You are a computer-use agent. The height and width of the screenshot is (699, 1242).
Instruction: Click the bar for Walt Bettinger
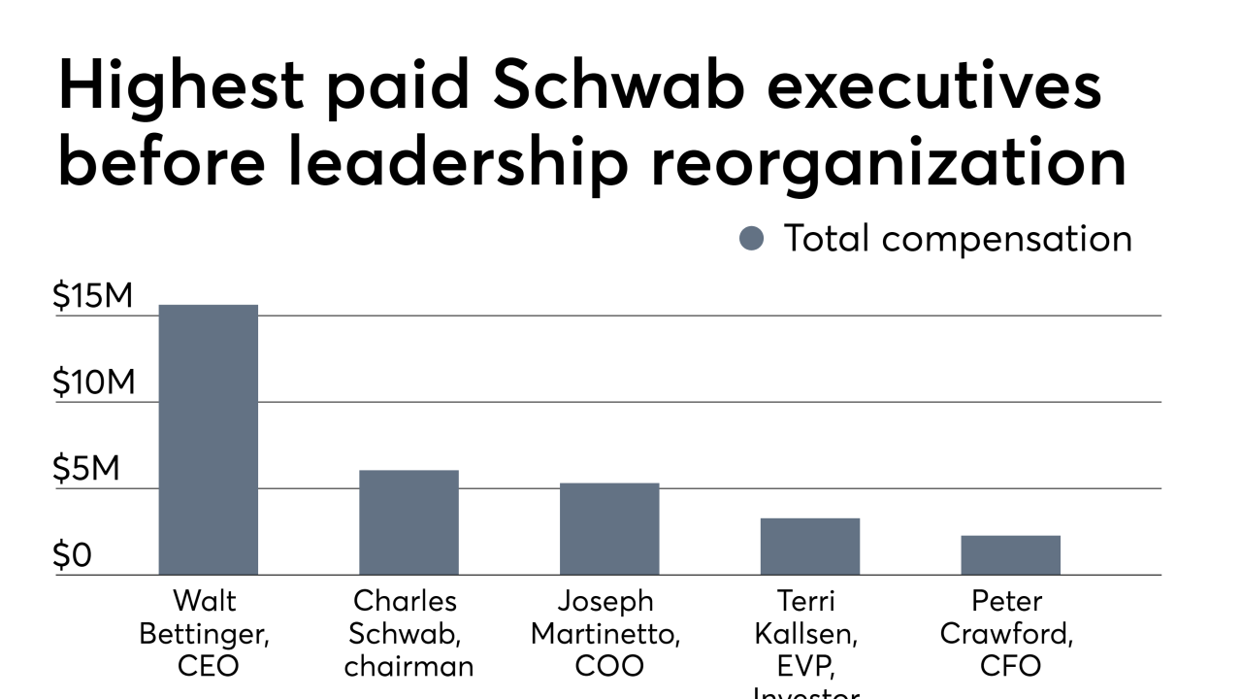[209, 440]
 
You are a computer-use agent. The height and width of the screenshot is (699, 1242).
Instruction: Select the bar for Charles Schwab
[409, 522]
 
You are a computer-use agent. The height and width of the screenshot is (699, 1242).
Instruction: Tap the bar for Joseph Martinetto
[609, 529]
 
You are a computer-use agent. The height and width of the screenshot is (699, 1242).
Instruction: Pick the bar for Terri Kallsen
[809, 547]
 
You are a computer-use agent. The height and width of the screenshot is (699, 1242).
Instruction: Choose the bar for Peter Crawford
[1010, 555]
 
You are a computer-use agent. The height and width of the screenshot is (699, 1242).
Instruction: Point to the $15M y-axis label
[93, 297]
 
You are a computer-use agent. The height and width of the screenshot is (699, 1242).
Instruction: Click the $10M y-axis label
[93, 383]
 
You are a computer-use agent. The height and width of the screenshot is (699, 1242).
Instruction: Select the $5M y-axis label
[86, 470]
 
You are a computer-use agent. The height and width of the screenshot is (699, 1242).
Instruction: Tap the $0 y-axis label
[72, 556]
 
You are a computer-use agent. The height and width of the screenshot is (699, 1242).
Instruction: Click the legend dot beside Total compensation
[752, 239]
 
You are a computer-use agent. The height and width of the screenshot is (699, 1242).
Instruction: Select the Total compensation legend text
[957, 239]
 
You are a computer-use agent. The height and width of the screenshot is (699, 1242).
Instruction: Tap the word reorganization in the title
[888, 163]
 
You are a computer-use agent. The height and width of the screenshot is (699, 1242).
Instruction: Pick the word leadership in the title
[457, 163]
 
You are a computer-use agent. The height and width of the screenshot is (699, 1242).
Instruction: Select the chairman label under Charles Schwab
[409, 667]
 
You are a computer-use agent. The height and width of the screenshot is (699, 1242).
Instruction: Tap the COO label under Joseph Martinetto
[609, 667]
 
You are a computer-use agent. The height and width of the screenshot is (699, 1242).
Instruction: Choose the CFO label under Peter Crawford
[1009, 667]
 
